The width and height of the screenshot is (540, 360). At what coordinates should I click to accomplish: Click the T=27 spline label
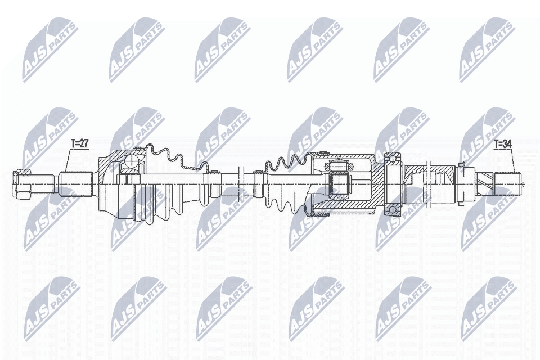pyautogui.click(x=79, y=144)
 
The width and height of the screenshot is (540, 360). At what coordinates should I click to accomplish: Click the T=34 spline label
pyautogui.click(x=502, y=144)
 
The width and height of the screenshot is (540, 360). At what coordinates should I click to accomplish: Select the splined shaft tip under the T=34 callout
pyautogui.click(x=507, y=183)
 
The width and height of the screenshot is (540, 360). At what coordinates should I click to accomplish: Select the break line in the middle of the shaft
pyautogui.click(x=240, y=183)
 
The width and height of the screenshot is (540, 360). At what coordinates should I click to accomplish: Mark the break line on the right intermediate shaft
pyautogui.click(x=429, y=174)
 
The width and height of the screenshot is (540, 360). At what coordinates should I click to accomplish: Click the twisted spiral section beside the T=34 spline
pyautogui.click(x=485, y=183)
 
